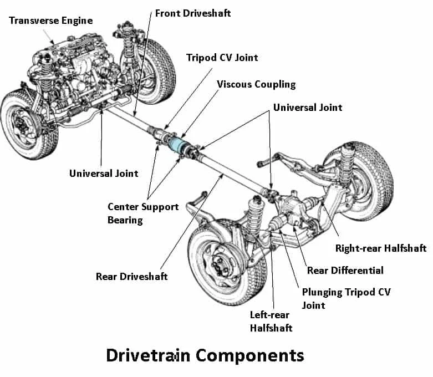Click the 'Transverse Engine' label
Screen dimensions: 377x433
pos(50,21)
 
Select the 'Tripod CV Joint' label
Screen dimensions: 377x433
pos(222,57)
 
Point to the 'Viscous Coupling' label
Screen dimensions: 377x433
pos(256,84)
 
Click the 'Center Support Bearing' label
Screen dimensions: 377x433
pos(143,213)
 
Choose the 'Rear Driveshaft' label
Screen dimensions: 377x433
pos(131,276)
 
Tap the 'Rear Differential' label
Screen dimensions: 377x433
pos(345,271)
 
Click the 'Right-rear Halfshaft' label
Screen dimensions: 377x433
pos(381,248)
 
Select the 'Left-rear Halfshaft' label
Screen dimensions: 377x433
pos(271,321)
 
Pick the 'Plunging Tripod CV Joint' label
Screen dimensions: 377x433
pos(346,298)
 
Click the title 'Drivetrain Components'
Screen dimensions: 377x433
pos(205,355)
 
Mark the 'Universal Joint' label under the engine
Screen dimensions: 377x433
pos(103,174)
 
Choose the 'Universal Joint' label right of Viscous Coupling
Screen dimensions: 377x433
pos(308,107)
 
